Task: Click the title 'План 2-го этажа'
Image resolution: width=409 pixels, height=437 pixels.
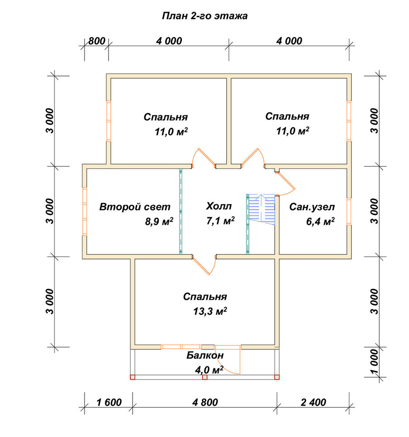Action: tap(204, 16)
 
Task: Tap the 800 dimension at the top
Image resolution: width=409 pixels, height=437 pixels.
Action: tap(97, 41)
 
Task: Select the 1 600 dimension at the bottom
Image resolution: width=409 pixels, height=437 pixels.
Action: tap(109, 402)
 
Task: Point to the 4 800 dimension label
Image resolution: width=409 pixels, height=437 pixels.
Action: tap(205, 402)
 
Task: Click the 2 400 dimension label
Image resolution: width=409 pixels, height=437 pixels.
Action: tap(314, 402)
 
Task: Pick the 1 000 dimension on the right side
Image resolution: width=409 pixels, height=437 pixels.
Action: tap(375, 362)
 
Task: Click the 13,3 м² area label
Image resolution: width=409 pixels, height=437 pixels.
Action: tap(210, 311)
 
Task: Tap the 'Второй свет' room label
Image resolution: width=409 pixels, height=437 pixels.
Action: tap(135, 207)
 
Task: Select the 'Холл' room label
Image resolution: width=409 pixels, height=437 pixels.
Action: tap(219, 206)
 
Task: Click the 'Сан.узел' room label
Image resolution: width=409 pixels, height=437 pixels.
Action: tap(312, 207)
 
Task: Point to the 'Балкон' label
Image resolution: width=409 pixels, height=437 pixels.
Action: tap(205, 355)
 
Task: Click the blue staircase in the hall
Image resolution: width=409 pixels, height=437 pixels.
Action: tap(261, 209)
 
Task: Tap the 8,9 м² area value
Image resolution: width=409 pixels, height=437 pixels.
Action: tap(159, 222)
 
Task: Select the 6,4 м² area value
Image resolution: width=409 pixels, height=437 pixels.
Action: tap(320, 222)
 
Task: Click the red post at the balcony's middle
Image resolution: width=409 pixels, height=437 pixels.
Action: tap(205, 377)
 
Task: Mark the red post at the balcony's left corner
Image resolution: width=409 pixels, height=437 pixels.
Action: tap(133, 377)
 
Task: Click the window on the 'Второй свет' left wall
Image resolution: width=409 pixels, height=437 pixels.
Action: tap(85, 212)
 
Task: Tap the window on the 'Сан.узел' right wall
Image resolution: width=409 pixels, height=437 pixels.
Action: tap(349, 211)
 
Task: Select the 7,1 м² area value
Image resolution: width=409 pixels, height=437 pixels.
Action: tap(220, 221)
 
